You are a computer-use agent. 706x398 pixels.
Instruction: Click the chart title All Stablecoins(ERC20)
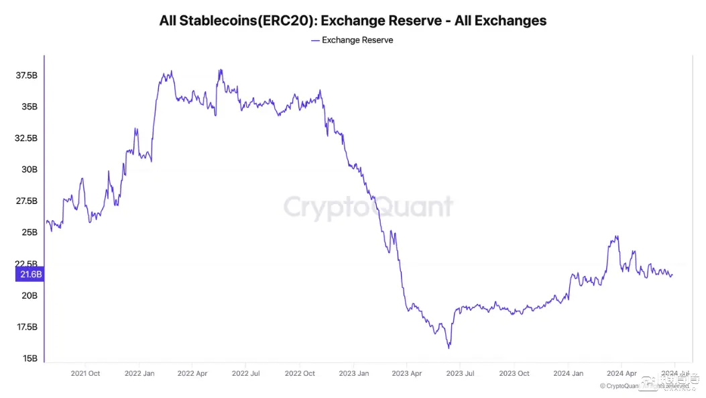(x=353, y=21)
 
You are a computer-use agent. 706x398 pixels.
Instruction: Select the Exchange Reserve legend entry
(x=353, y=40)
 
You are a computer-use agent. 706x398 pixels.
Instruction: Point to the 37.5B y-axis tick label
(x=27, y=76)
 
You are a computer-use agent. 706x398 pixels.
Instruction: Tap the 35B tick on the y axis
(x=30, y=107)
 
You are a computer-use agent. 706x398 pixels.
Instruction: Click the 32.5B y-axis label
(x=27, y=138)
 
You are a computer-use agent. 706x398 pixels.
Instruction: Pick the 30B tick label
(x=30, y=170)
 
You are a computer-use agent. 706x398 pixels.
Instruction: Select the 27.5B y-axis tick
(x=27, y=201)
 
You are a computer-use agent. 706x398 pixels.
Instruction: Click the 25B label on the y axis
(x=30, y=233)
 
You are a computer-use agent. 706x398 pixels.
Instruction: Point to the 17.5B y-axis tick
(x=27, y=327)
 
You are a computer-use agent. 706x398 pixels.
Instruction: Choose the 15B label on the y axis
(x=30, y=358)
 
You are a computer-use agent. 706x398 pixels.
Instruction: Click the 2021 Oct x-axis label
(x=85, y=373)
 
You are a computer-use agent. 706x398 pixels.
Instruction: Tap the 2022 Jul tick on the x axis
(x=245, y=373)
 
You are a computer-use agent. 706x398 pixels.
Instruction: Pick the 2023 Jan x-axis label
(x=353, y=373)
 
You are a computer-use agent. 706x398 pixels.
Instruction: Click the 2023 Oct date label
(x=514, y=373)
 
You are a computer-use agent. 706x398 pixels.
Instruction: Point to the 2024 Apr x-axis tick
(x=621, y=373)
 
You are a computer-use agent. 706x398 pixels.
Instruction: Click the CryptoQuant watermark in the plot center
(x=368, y=207)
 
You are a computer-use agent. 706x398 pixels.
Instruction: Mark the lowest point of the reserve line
(x=449, y=348)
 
